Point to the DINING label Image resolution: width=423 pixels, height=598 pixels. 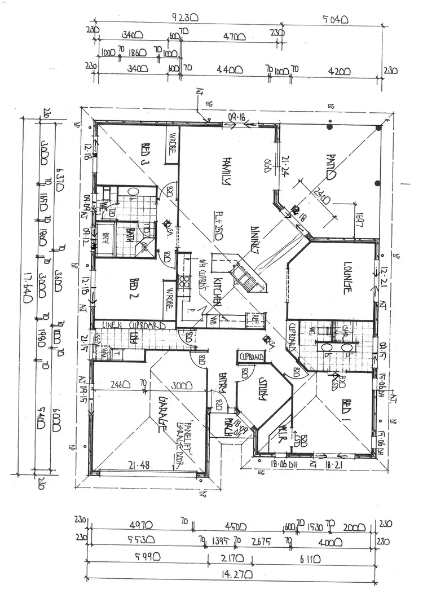coord(255,242)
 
